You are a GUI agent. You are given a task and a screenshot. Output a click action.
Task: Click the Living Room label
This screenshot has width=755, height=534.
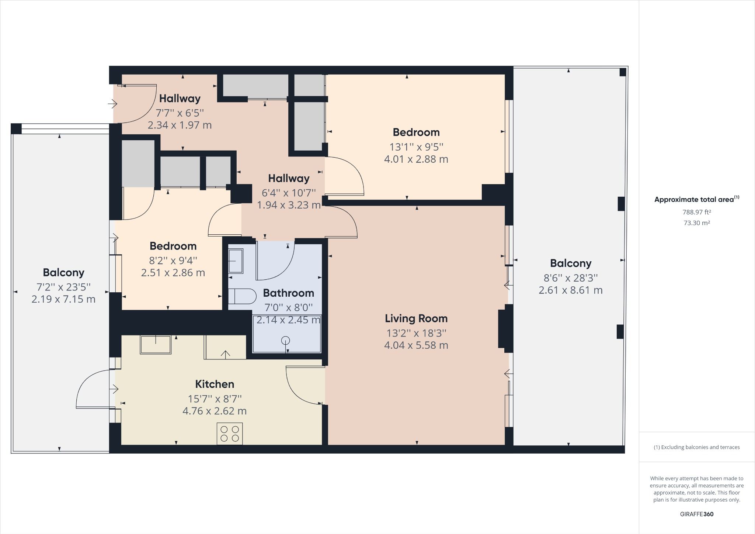[x=416, y=318]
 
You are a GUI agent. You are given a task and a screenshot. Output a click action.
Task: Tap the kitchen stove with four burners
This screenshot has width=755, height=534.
[x=230, y=434]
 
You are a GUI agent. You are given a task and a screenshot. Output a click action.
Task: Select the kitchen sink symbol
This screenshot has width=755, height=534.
[x=156, y=345]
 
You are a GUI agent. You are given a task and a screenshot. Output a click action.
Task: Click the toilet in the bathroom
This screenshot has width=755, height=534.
[x=242, y=296]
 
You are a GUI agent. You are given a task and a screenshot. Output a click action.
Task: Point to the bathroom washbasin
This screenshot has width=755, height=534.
[x=236, y=261]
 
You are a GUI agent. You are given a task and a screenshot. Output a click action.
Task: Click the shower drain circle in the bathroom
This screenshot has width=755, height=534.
[x=286, y=341]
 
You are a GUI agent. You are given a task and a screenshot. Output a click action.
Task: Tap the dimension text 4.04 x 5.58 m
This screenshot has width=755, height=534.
[x=416, y=345]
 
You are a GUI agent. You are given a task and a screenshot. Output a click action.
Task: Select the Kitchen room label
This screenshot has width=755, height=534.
[x=215, y=384]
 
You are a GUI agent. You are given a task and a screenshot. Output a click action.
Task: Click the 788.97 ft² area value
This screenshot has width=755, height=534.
[x=696, y=212]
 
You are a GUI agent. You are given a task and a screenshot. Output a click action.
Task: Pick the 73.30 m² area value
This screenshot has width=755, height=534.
[x=696, y=223]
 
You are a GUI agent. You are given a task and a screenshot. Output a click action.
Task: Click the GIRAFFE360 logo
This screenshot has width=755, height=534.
[x=696, y=514]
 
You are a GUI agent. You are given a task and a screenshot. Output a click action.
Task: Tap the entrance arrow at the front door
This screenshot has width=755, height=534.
[x=112, y=104]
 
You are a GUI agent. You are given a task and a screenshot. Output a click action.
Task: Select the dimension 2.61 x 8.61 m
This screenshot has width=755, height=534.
[x=570, y=290]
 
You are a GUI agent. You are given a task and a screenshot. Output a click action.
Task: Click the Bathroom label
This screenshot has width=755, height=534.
[x=288, y=293]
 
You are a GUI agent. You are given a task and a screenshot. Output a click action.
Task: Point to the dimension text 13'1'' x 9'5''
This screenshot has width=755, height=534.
[x=416, y=147]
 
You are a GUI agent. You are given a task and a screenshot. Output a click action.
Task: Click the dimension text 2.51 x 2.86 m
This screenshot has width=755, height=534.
[x=173, y=273]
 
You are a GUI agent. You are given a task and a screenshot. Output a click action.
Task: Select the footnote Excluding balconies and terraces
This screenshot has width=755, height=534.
[x=696, y=447]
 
